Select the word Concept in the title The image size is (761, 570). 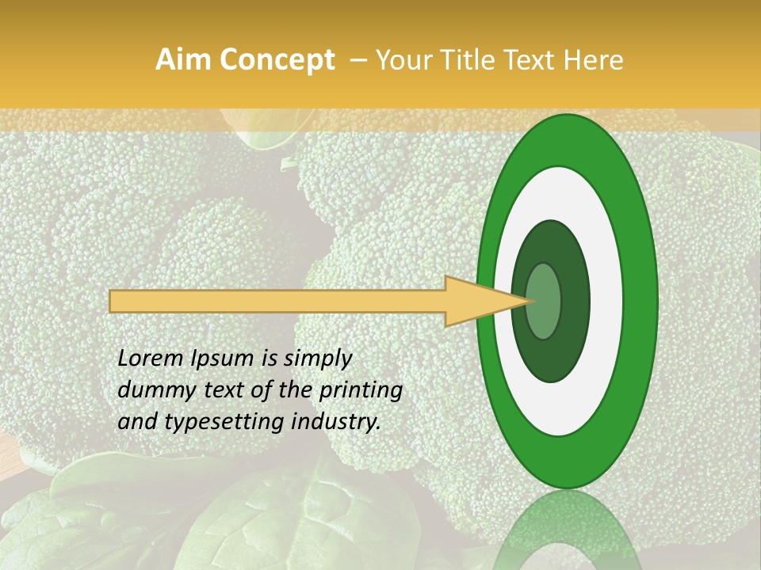(x=277, y=60)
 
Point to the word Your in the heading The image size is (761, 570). (x=401, y=60)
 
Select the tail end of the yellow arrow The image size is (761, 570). (x=113, y=301)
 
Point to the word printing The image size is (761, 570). (x=361, y=391)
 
